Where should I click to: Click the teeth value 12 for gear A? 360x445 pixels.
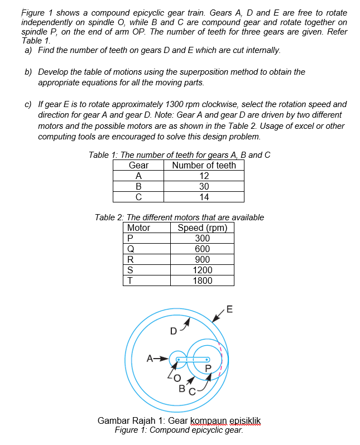point(204,176)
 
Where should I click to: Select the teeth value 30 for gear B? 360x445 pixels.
point(204,186)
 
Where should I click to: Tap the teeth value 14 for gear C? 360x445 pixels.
point(204,196)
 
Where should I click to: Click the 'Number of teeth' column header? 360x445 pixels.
point(204,165)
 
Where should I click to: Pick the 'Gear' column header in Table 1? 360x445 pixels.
point(138,165)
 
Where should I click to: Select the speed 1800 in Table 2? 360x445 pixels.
point(202,280)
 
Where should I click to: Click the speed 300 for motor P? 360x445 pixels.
point(202,238)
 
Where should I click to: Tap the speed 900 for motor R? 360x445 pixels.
point(202,259)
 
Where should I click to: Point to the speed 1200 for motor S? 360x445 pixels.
point(202,270)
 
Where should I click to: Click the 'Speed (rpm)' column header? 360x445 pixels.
point(202,228)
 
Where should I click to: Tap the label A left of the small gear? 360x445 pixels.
point(150,358)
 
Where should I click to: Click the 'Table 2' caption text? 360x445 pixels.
point(109,217)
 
